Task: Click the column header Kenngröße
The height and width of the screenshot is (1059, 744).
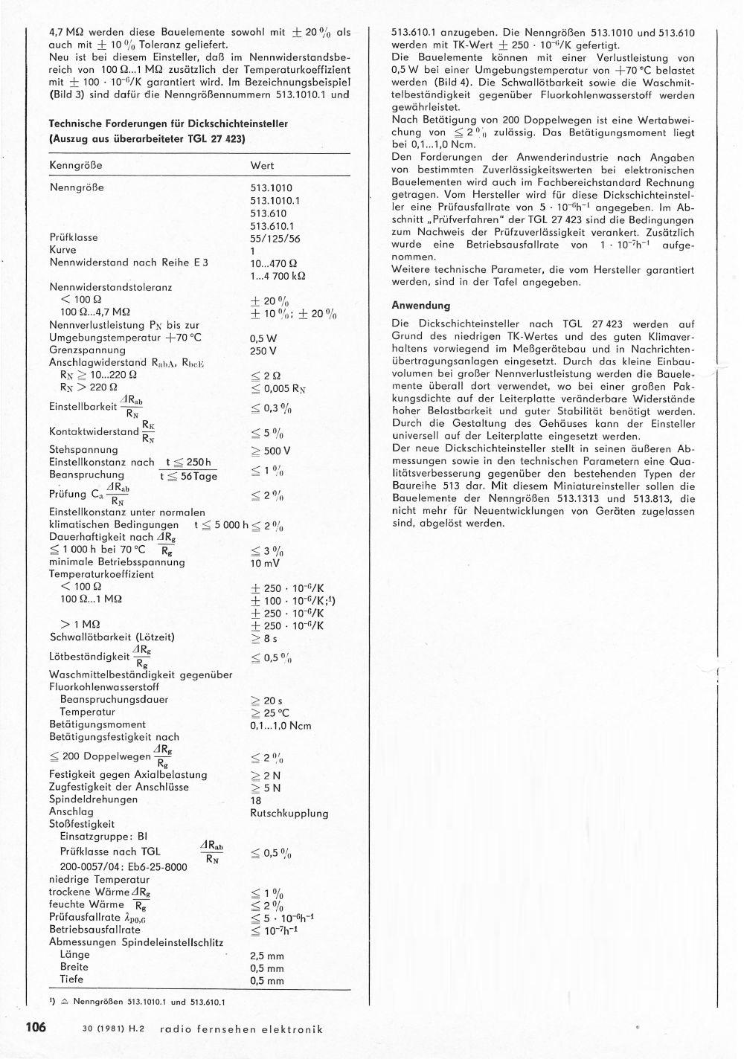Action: pyautogui.click(x=75, y=165)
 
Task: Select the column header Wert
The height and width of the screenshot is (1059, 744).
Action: pyautogui.click(x=262, y=165)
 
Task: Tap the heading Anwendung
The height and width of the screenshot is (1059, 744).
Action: pyautogui.click(x=421, y=306)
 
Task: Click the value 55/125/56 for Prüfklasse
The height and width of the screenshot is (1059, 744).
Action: pyautogui.click(x=275, y=238)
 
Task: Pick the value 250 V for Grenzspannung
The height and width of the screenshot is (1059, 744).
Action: pyautogui.click(x=263, y=350)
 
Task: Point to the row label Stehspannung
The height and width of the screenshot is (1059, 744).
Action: pyautogui.click(x=83, y=450)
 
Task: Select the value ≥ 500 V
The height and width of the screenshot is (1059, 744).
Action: pyautogui.click(x=271, y=451)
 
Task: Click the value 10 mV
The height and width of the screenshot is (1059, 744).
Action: pyautogui.click(x=266, y=563)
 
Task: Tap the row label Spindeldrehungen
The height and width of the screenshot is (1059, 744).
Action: pyautogui.click(x=93, y=799)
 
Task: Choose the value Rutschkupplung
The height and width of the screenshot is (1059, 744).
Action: pyautogui.click(x=289, y=813)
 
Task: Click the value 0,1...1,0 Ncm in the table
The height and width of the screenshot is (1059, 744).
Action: pyautogui.click(x=281, y=726)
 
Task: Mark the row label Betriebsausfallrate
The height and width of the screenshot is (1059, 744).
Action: pyautogui.click(x=94, y=930)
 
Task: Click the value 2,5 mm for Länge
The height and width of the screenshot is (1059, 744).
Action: pyautogui.click(x=268, y=956)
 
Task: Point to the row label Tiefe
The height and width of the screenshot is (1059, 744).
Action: pyautogui.click(x=71, y=979)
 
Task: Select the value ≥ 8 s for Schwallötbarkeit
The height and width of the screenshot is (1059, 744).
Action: pyautogui.click(x=264, y=638)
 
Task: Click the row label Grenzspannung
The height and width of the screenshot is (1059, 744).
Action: pyautogui.click(x=87, y=350)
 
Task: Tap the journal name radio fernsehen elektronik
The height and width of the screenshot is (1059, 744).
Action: pyautogui.click(x=246, y=1029)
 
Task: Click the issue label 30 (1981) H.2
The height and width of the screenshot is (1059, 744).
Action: pyautogui.click(x=114, y=1029)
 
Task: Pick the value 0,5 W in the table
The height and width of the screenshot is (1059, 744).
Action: pyautogui.click(x=263, y=338)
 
